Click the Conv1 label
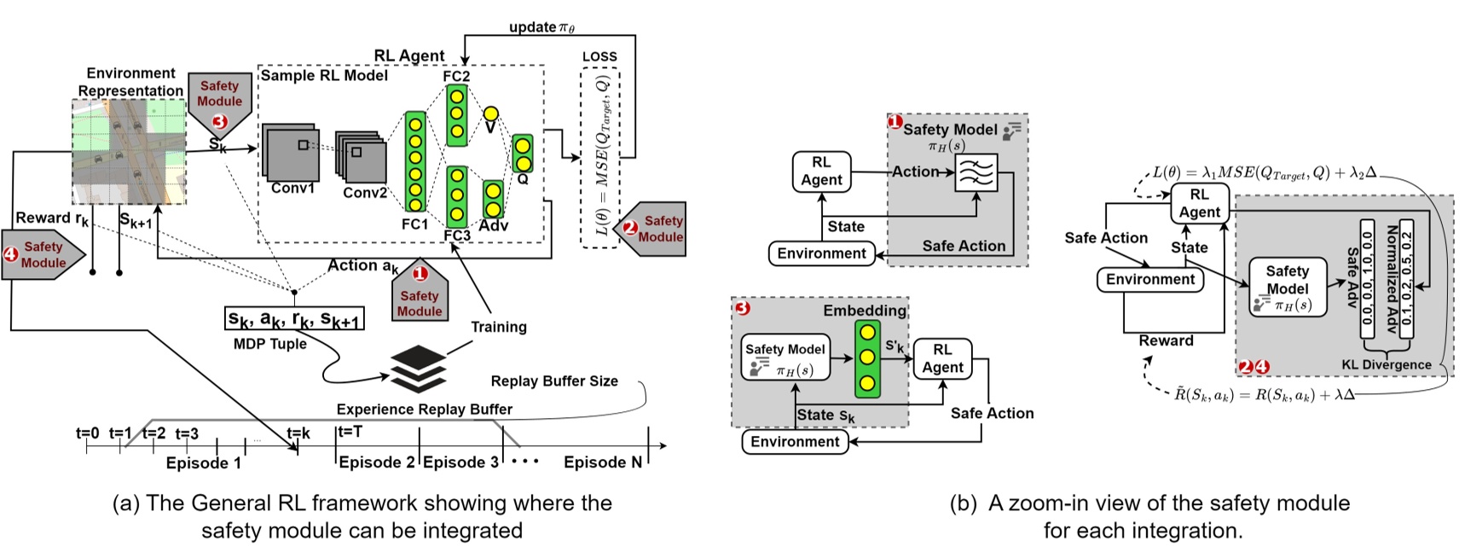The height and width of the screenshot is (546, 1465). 292,189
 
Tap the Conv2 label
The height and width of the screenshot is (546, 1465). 365,193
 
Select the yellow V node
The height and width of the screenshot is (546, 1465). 490,113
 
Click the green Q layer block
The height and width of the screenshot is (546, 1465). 523,154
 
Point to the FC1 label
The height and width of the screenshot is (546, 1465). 414,224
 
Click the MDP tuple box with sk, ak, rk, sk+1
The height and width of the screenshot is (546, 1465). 294,319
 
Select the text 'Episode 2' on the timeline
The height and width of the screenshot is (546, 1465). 376,462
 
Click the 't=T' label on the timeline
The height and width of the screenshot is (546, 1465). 350,432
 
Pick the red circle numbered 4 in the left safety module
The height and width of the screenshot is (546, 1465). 11,254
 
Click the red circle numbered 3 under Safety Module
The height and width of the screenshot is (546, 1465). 219,121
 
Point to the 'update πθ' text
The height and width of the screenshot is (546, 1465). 541,27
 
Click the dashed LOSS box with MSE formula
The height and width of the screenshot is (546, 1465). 599,158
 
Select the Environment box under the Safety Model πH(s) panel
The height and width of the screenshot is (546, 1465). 821,253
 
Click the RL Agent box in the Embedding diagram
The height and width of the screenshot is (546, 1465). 942,358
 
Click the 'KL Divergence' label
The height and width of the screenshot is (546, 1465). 1387,365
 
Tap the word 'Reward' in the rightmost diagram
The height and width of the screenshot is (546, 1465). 1166,340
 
